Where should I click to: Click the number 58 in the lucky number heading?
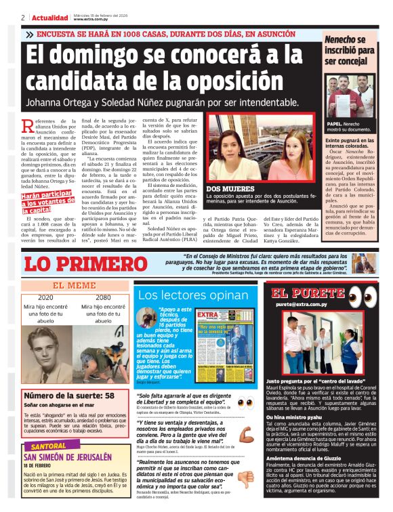pyautogui.click(x=108, y=396)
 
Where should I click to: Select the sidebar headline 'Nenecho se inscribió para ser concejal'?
pyautogui.click(x=348, y=51)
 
